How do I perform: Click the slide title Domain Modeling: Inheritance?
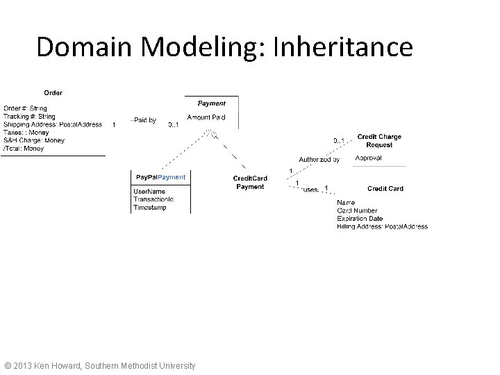(224, 47)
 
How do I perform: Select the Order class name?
(53, 92)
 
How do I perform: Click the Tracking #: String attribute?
(29, 117)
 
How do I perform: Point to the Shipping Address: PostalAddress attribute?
(53, 124)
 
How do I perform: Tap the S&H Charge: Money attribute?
(34, 140)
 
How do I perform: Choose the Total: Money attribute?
(24, 148)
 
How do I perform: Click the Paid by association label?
(144, 120)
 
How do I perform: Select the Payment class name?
(212, 103)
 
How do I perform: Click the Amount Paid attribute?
(206, 118)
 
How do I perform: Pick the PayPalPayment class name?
(160, 177)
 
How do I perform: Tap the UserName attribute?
(149, 191)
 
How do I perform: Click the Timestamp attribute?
(150, 207)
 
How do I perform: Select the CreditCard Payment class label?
(250, 183)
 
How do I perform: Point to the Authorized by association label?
(319, 159)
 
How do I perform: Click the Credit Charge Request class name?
(379, 141)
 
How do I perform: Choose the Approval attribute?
(367, 158)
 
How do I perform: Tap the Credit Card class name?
(385, 188)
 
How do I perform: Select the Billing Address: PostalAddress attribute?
(382, 226)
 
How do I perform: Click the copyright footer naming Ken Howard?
(100, 365)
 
